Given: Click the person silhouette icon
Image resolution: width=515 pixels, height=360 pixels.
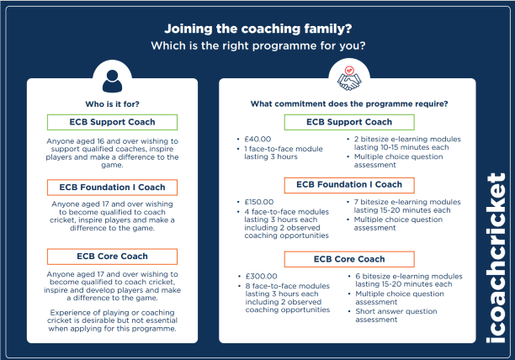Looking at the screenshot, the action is [x=112, y=81].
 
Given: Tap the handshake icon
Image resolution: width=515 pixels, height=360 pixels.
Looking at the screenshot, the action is [x=349, y=79].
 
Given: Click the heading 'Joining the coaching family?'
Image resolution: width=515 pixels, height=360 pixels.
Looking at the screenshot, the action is [x=257, y=29].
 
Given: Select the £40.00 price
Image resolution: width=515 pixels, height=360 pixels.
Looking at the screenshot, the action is [x=257, y=139].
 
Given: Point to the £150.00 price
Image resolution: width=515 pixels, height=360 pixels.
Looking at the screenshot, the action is [x=259, y=202].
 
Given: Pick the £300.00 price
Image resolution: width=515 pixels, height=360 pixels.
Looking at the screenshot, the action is [x=261, y=277].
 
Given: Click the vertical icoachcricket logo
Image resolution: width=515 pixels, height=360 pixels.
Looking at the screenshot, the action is [x=496, y=258].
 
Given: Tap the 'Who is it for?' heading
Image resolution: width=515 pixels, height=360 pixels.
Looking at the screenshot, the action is [x=112, y=104].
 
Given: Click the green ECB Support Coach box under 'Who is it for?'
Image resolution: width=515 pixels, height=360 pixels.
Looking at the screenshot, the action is [x=112, y=122].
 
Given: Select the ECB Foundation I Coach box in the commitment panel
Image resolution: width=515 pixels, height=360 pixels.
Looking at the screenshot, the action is [x=349, y=185].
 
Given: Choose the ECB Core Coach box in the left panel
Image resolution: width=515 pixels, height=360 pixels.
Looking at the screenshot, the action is [x=112, y=257].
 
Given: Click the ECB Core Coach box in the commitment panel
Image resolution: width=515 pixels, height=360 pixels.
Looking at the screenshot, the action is [x=349, y=259].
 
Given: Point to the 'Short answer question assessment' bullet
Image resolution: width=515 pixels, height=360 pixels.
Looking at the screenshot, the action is [x=396, y=315].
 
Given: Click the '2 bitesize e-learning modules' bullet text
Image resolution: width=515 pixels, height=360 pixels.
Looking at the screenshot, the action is [x=407, y=143].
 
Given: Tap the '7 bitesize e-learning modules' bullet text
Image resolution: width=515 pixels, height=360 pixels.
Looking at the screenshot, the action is [x=407, y=206].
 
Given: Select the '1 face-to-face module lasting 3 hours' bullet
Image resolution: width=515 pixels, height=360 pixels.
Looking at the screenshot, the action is [x=284, y=152].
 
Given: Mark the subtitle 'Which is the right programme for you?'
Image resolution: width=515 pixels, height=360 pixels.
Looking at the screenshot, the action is [x=257, y=45].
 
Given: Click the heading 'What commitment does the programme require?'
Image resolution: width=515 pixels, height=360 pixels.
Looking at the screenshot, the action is [x=349, y=104].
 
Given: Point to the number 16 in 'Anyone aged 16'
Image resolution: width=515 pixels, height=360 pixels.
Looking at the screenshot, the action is [x=100, y=141].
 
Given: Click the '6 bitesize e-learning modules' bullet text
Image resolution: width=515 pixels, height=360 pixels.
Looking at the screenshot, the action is [x=409, y=280].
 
